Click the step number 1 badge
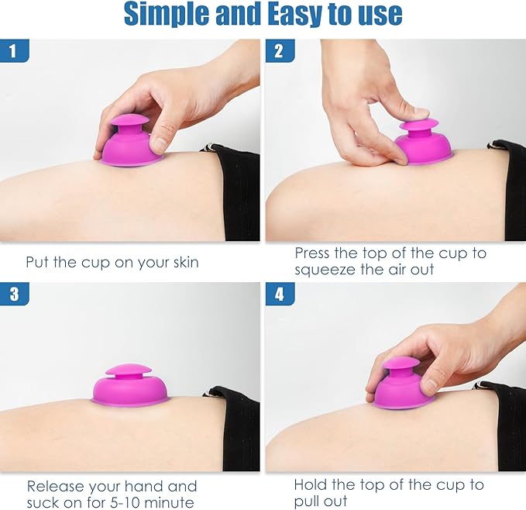coord(15,50)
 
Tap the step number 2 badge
coord(280,50)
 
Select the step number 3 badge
coord(15,294)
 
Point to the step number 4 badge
coord(280,294)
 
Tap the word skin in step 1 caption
coord(186,262)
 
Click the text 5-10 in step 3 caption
coord(124,502)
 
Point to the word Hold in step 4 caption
coord(310,484)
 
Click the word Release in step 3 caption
coord(56,486)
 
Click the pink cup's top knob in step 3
coord(129,370)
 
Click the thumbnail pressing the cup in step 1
coord(160,144)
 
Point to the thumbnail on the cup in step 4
coord(428,383)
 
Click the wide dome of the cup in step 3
coord(131,390)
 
